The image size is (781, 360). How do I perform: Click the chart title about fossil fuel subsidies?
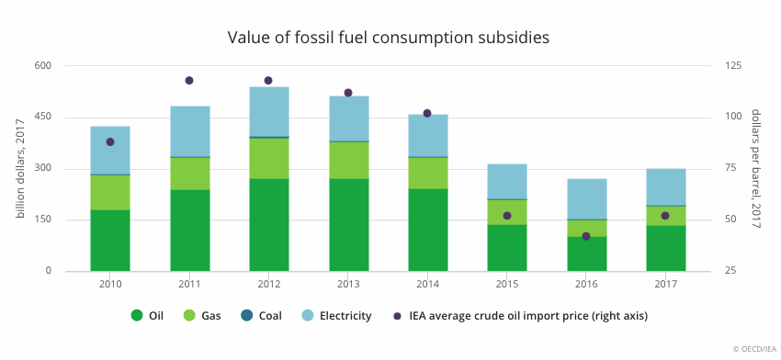pos(389,38)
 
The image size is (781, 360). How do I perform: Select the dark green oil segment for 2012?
pos(269,225)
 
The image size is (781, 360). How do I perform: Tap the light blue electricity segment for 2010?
pos(110,150)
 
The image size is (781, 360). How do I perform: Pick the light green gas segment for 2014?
pos(427,174)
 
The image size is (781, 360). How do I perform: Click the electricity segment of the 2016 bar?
pos(587,198)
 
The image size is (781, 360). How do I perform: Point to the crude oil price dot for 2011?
pos(189,81)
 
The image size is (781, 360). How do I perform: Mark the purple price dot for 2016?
pos(586,236)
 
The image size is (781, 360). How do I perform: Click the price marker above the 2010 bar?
pos(110,142)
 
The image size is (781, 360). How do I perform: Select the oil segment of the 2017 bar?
pos(666,249)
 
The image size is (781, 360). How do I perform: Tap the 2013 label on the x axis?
pos(348,285)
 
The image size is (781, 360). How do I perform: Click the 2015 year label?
pos(507,285)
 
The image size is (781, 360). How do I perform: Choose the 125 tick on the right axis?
pos(725,66)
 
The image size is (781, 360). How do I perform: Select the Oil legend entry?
pos(147,316)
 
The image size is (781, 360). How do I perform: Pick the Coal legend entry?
pos(261,316)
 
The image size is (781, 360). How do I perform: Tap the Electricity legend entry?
pos(336,316)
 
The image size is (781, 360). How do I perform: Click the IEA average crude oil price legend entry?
pos(520,316)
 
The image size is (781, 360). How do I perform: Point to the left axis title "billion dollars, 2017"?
pos(20,168)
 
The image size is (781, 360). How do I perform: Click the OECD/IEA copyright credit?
pos(754,350)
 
